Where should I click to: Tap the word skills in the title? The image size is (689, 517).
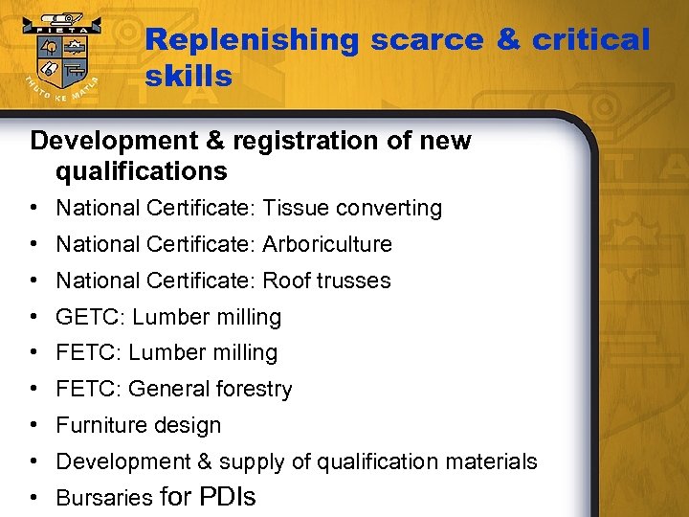click(x=189, y=77)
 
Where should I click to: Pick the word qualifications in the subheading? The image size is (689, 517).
click(x=142, y=172)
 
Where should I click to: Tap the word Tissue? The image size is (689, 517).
click(x=296, y=208)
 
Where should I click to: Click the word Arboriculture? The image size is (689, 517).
click(x=327, y=244)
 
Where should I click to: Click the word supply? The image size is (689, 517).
click(x=251, y=461)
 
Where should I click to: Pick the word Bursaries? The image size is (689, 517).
click(x=104, y=498)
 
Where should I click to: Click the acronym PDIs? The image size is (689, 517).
click(x=227, y=497)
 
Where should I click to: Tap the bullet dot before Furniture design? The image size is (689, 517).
click(x=33, y=425)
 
